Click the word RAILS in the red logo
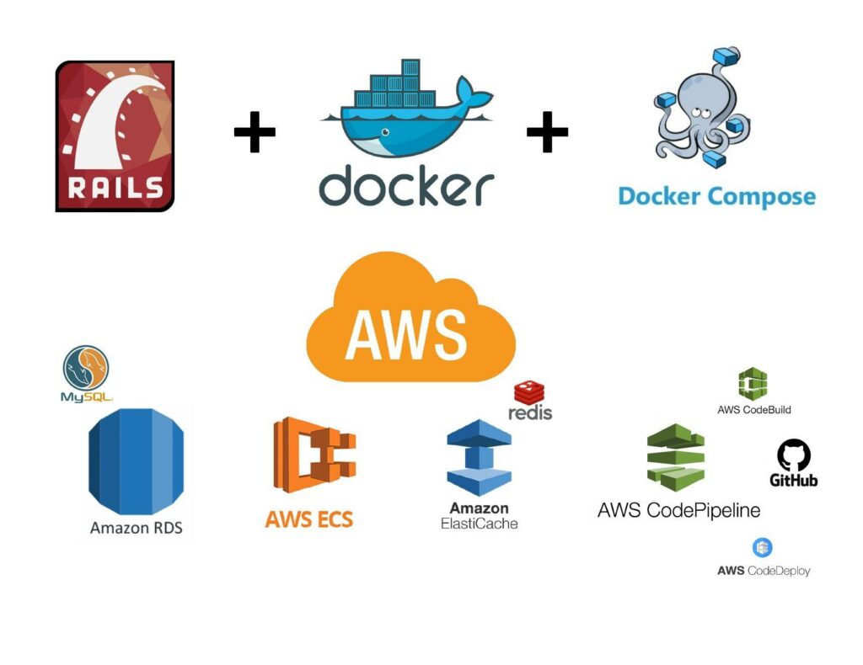pyautogui.click(x=115, y=186)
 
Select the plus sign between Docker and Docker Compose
pyautogui.click(x=547, y=132)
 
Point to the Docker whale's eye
pyautogui.click(x=385, y=132)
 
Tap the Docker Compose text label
pyautogui.click(x=716, y=196)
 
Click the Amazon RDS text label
pyautogui.click(x=136, y=529)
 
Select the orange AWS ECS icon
pyautogui.click(x=314, y=455)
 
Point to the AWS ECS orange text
pyautogui.click(x=308, y=519)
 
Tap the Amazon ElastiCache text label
pyautogui.click(x=479, y=515)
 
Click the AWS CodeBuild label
pyautogui.click(x=754, y=410)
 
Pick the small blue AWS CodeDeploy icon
pyautogui.click(x=763, y=548)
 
